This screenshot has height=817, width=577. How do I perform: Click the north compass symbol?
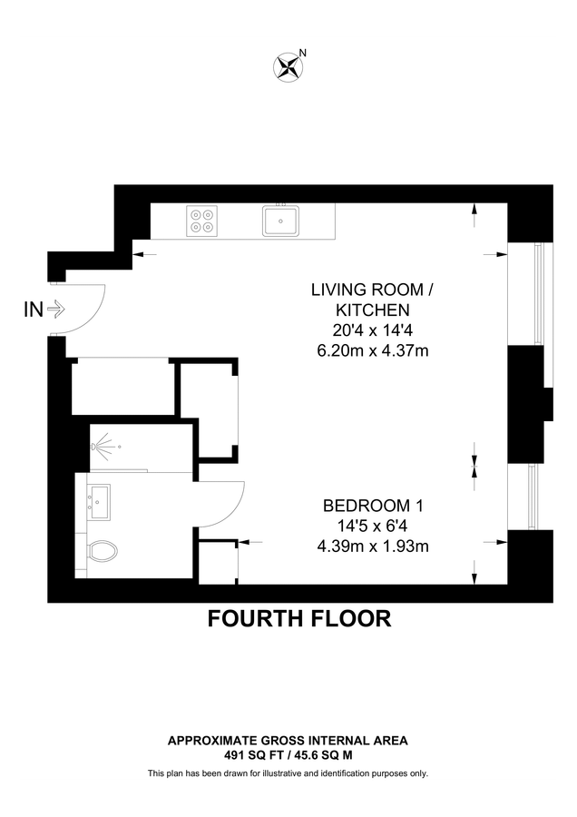288,65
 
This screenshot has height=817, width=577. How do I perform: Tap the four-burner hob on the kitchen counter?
202,220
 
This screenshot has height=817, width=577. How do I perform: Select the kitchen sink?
282,220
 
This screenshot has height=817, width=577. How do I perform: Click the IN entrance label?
33,310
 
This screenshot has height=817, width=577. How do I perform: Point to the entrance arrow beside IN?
55,310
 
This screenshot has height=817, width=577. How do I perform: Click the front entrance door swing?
86,310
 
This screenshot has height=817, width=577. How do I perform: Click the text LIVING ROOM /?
372,290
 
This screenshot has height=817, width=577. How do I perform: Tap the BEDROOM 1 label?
373,506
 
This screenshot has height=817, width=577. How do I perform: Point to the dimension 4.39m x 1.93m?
373,546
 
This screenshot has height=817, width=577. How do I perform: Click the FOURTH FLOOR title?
299,619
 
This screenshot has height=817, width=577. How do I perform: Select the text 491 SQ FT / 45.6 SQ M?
288,754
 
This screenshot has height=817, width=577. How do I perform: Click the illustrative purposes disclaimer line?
288,773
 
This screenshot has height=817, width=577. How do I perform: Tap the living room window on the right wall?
541,294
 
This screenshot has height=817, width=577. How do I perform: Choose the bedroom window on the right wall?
535,497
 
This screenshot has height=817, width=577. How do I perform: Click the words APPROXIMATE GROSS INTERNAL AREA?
288,741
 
